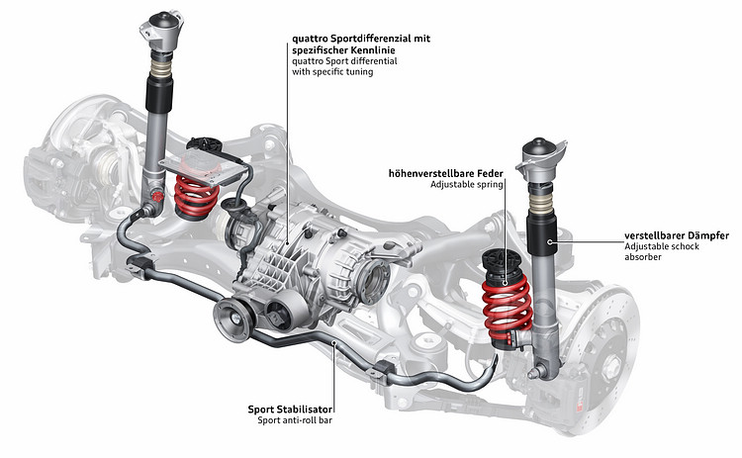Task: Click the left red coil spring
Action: tap(196, 195)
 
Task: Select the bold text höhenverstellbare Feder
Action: tap(446, 172)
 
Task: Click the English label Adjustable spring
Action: tap(467, 185)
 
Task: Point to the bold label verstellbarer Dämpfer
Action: tap(677, 235)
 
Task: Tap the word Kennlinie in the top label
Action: tap(378, 51)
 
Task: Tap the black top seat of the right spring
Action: tap(503, 266)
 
